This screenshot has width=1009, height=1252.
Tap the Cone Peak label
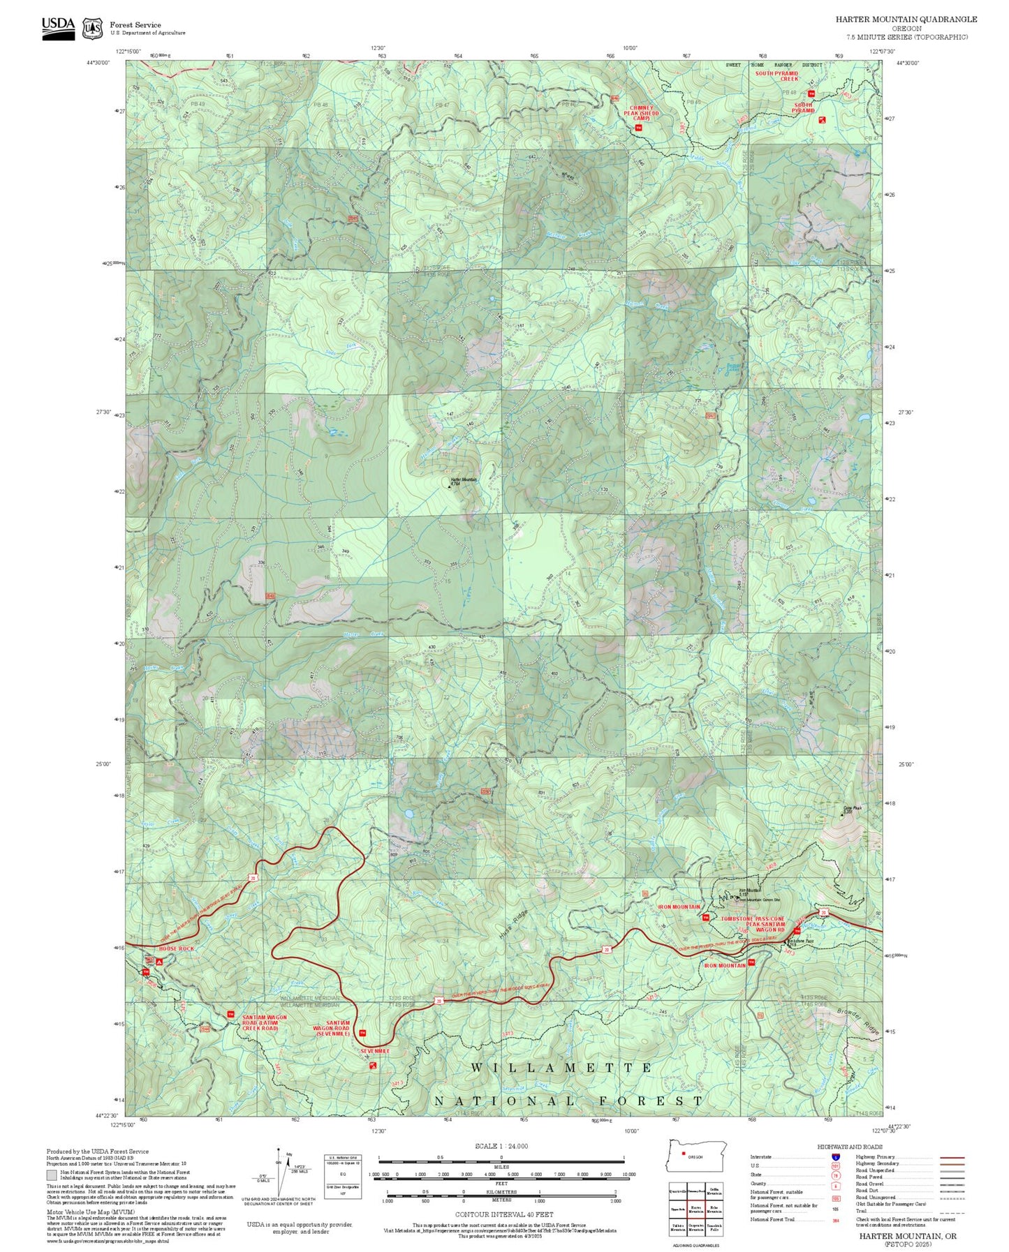pyautogui.click(x=853, y=809)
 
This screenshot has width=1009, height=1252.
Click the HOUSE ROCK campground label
pyautogui.click(x=176, y=949)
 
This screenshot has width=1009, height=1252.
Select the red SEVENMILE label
pyautogui.click(x=375, y=1051)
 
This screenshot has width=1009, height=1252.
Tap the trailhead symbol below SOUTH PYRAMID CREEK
pyautogui.click(x=811, y=94)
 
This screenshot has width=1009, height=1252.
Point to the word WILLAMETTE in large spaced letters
pyautogui.click(x=561, y=1068)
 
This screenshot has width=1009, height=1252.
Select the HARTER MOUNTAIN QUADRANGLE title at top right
pyautogui.click(x=906, y=20)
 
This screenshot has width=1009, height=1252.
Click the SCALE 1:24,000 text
pyautogui.click(x=501, y=1146)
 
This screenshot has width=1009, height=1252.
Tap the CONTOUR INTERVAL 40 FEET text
pyautogui.click(x=500, y=1214)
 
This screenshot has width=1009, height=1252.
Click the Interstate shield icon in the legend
pyautogui.click(x=835, y=1157)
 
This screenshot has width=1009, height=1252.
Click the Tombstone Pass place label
pyautogui.click(x=800, y=941)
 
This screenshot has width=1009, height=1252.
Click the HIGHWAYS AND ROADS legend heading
pyautogui.click(x=850, y=1147)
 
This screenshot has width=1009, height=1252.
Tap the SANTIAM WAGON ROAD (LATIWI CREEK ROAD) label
pyautogui.click(x=264, y=1023)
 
